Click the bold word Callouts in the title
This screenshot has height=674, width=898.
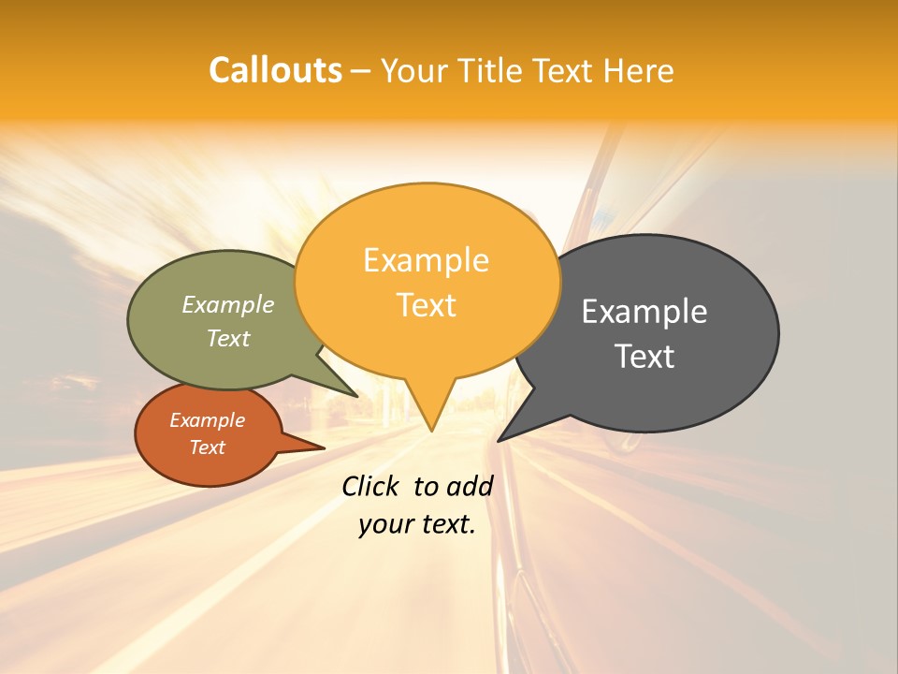[x=275, y=70]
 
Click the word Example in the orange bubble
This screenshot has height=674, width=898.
[x=426, y=259]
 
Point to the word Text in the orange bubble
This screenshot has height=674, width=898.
[x=427, y=305]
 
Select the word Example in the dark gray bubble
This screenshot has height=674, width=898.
[x=645, y=312]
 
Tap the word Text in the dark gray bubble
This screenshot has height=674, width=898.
[x=645, y=357]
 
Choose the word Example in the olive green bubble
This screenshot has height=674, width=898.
[x=228, y=304]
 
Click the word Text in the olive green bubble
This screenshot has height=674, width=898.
[x=228, y=338]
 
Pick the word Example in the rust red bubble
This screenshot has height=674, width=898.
[x=207, y=420]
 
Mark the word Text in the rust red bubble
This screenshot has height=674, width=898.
[x=207, y=447]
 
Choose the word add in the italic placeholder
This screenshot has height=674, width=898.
[x=470, y=486]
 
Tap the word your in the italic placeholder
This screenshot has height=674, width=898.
[x=384, y=524]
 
